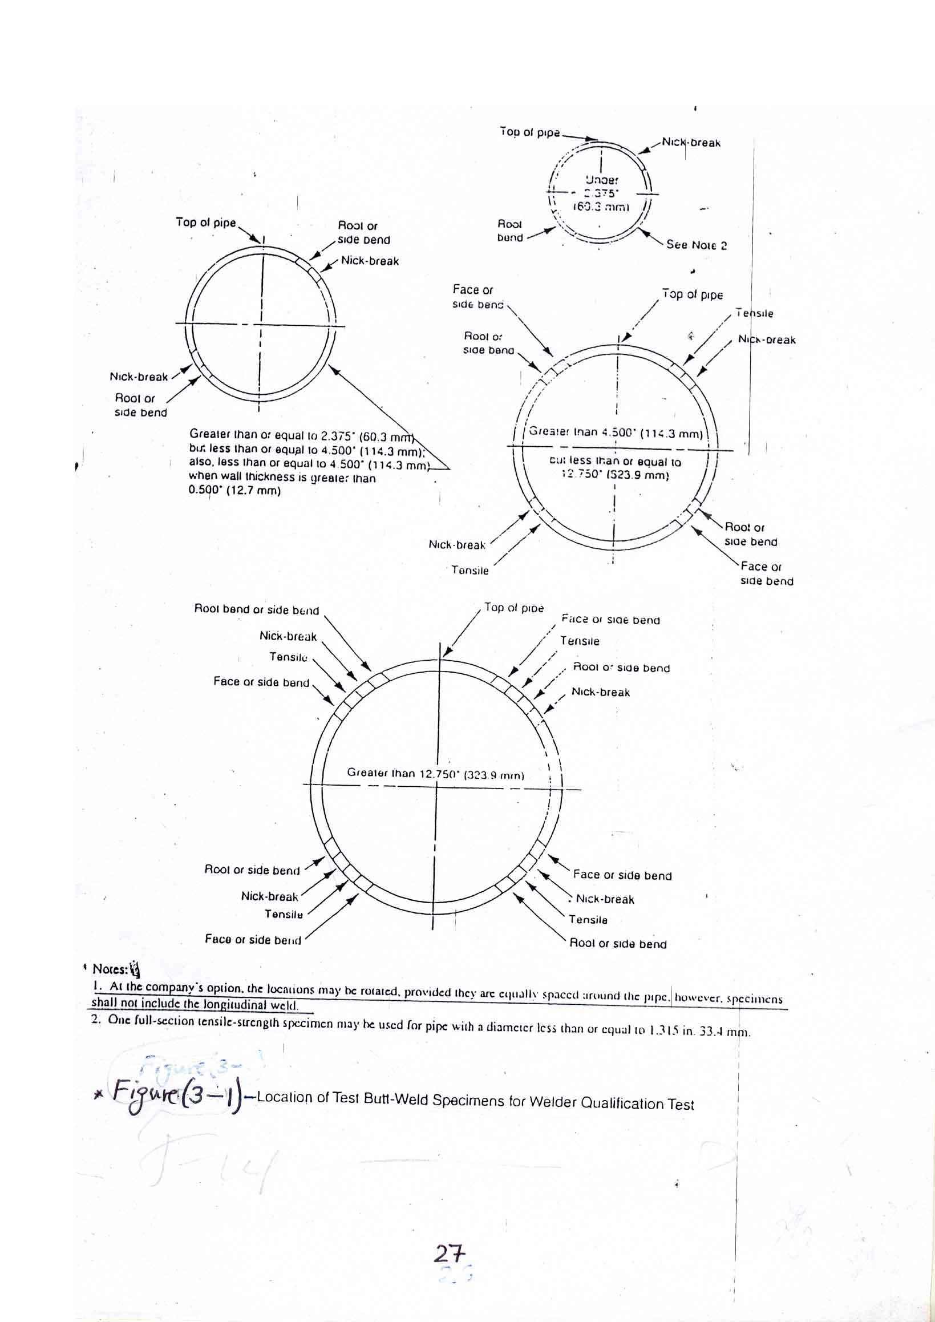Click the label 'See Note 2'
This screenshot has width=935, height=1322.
pos(696,245)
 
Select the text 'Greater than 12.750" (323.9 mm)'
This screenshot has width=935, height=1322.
pos(435,773)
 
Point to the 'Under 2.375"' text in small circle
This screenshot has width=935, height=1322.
pos(601,186)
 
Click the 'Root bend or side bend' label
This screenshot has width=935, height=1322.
pos(256,609)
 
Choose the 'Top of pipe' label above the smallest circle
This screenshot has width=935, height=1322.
pos(529,132)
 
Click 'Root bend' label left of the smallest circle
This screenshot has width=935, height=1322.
pos(510,231)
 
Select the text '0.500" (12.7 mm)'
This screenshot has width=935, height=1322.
pos(234,491)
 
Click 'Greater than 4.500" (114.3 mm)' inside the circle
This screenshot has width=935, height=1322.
pos(616,432)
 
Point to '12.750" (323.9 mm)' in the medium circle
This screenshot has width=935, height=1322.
pos(615,475)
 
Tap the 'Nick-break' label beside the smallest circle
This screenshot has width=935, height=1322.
pos(691,142)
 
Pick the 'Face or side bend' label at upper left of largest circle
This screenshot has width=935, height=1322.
pos(261,682)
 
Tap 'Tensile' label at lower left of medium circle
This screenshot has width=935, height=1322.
pos(470,570)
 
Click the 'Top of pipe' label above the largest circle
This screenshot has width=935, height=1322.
pos(513,608)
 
